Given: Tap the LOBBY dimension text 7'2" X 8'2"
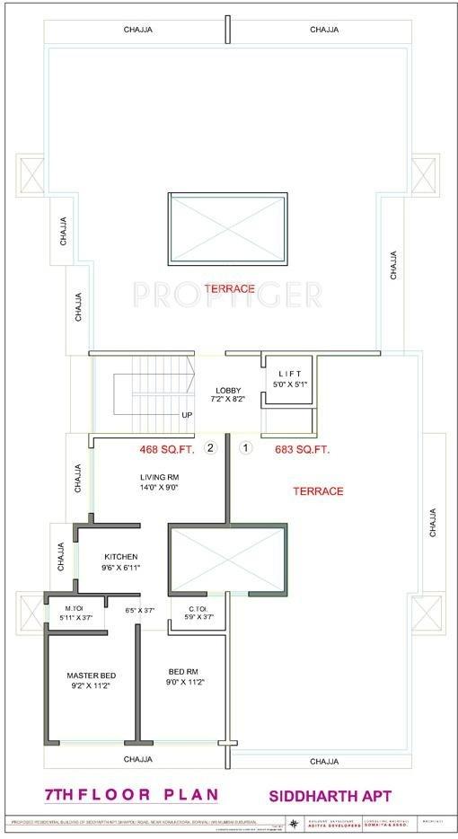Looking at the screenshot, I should [x=227, y=402].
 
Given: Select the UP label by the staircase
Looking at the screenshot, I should [x=187, y=415].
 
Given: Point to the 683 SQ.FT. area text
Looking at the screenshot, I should [x=301, y=447].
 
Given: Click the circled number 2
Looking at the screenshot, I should [x=211, y=446].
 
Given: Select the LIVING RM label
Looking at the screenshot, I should [x=161, y=477].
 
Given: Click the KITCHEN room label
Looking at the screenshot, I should [x=121, y=557].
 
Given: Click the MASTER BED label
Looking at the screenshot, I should [x=91, y=675].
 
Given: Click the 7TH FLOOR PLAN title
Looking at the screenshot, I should [x=131, y=795].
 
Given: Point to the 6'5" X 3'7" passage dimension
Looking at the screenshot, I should [x=139, y=611].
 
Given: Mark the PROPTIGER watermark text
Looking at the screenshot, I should [x=227, y=293].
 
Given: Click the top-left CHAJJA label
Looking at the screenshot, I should [x=137, y=30].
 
